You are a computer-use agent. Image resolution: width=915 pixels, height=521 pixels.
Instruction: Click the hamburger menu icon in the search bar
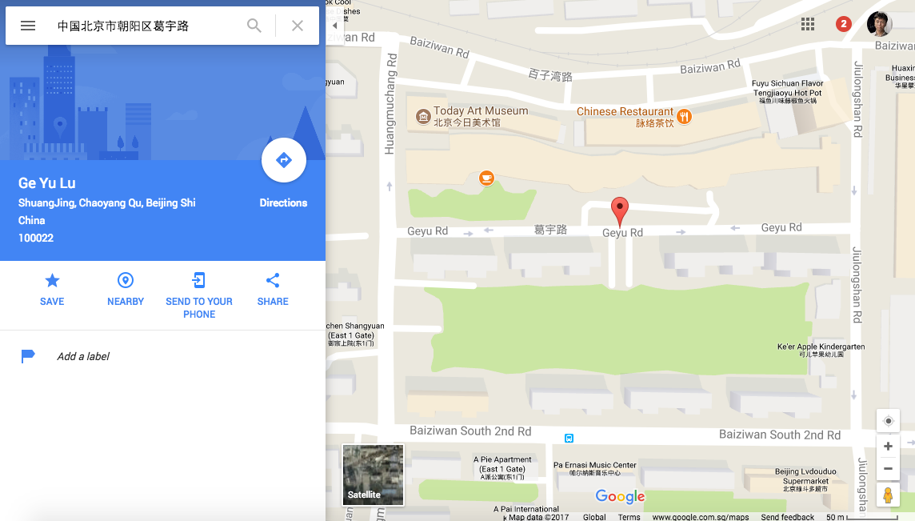click(x=28, y=26)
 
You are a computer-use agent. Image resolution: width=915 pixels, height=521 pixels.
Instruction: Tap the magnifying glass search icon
click(x=254, y=26)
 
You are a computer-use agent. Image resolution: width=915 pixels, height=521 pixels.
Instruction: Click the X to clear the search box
click(x=298, y=26)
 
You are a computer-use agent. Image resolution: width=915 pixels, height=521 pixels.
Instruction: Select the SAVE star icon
click(x=52, y=280)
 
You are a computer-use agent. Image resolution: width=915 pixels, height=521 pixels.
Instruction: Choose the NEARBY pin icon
click(x=126, y=280)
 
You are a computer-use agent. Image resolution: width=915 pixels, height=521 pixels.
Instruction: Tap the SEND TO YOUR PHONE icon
click(x=199, y=280)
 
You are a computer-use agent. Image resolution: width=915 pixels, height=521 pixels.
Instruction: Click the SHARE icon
click(x=273, y=280)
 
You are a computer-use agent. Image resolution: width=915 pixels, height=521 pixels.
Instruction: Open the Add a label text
click(x=83, y=356)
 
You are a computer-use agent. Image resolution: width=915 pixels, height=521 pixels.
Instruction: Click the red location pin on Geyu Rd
click(x=619, y=210)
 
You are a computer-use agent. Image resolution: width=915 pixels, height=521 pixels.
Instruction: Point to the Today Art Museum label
click(x=480, y=111)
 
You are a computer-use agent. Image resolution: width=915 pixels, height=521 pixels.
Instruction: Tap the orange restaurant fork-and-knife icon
click(x=684, y=117)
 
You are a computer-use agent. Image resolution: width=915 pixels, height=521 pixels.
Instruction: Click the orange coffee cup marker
click(x=486, y=178)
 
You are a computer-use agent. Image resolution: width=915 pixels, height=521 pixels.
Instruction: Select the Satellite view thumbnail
click(x=373, y=475)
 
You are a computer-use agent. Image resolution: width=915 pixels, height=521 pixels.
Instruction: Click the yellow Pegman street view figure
click(x=888, y=495)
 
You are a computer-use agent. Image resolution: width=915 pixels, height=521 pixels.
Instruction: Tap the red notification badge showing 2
click(x=843, y=24)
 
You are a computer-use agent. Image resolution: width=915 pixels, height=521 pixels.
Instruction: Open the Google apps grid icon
click(x=808, y=24)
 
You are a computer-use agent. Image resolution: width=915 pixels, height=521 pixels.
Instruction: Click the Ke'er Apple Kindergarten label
click(x=821, y=347)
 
